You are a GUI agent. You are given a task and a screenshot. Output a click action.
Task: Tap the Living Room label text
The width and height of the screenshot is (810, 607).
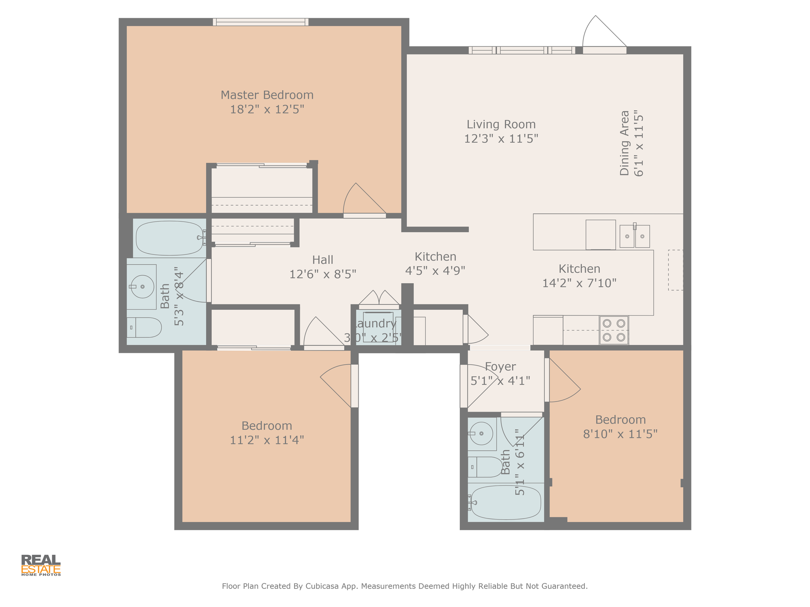click(501, 124)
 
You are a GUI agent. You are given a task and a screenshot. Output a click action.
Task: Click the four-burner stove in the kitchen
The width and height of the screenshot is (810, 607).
click(614, 330)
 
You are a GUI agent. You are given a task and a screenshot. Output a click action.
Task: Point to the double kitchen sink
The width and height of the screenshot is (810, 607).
click(634, 236)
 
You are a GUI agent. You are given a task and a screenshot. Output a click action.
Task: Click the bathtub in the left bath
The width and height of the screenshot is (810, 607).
click(170, 238)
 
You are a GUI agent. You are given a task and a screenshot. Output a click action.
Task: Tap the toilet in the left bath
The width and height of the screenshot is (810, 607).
click(144, 328)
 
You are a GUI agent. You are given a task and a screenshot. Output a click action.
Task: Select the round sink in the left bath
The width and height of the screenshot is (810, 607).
click(142, 287)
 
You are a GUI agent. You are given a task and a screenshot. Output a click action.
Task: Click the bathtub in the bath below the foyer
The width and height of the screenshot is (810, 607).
click(505, 502)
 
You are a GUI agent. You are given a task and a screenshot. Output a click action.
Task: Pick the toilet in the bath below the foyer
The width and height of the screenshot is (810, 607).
click(485, 467)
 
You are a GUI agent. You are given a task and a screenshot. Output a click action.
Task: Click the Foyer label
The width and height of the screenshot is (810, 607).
click(500, 367)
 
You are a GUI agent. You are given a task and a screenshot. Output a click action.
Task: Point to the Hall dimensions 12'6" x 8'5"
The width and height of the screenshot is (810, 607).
click(323, 274)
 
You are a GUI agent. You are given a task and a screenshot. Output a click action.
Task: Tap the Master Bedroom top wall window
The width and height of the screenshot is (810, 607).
click(261, 22)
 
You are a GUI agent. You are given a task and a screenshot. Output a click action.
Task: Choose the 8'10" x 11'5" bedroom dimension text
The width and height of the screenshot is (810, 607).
click(620, 434)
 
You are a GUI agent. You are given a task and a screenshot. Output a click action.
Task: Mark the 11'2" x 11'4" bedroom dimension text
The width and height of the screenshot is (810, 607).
click(267, 440)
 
